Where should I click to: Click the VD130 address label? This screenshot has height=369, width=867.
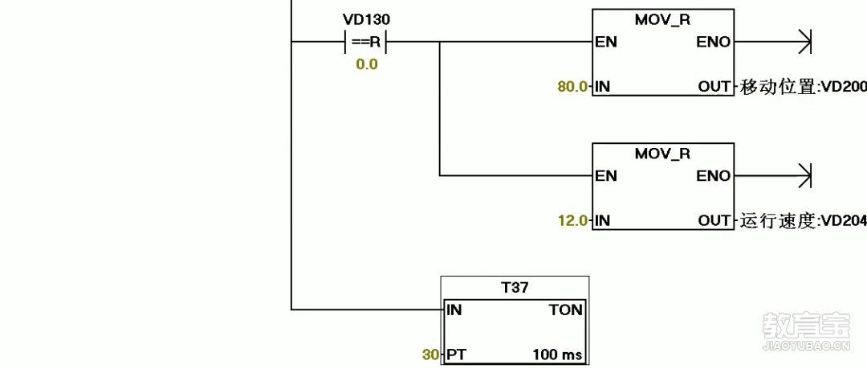(x=367, y=18)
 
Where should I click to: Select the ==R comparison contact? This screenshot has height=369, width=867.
(x=367, y=42)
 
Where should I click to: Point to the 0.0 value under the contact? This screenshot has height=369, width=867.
(x=367, y=64)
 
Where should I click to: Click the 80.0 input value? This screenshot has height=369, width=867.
(x=572, y=86)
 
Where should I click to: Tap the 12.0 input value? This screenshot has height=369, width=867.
(x=572, y=219)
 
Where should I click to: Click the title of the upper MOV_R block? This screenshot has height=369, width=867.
(x=662, y=20)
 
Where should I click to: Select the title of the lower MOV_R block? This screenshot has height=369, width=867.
(x=662, y=154)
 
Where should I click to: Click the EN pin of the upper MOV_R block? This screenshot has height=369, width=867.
(x=606, y=42)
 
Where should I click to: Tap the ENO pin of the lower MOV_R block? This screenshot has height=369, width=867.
(x=714, y=175)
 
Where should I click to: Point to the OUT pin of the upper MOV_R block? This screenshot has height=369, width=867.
(x=714, y=86)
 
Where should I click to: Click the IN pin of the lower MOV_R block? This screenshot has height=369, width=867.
(x=602, y=219)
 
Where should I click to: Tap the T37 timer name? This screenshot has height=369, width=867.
(x=515, y=287)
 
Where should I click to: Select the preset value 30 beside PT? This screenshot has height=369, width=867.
(x=431, y=354)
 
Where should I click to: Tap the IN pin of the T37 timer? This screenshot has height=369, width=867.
(x=454, y=310)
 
